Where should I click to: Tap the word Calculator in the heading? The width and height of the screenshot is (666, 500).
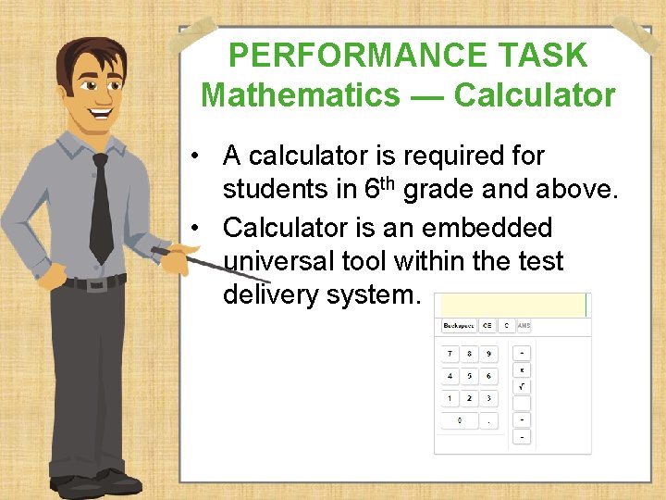(535, 94)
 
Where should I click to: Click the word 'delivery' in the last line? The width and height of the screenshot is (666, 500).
(272, 295)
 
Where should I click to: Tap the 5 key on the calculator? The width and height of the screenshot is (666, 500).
(469, 376)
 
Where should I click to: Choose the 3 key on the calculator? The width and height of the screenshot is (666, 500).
(488, 398)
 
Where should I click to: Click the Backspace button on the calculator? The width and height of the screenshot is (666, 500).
(458, 326)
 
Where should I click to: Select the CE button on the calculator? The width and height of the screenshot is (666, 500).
(487, 326)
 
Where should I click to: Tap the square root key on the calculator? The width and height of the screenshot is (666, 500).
(522, 386)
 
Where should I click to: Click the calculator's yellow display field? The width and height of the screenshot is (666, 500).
(512, 305)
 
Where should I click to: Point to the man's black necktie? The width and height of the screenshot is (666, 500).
(100, 208)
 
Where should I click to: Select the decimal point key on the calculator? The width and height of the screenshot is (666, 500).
(488, 420)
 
